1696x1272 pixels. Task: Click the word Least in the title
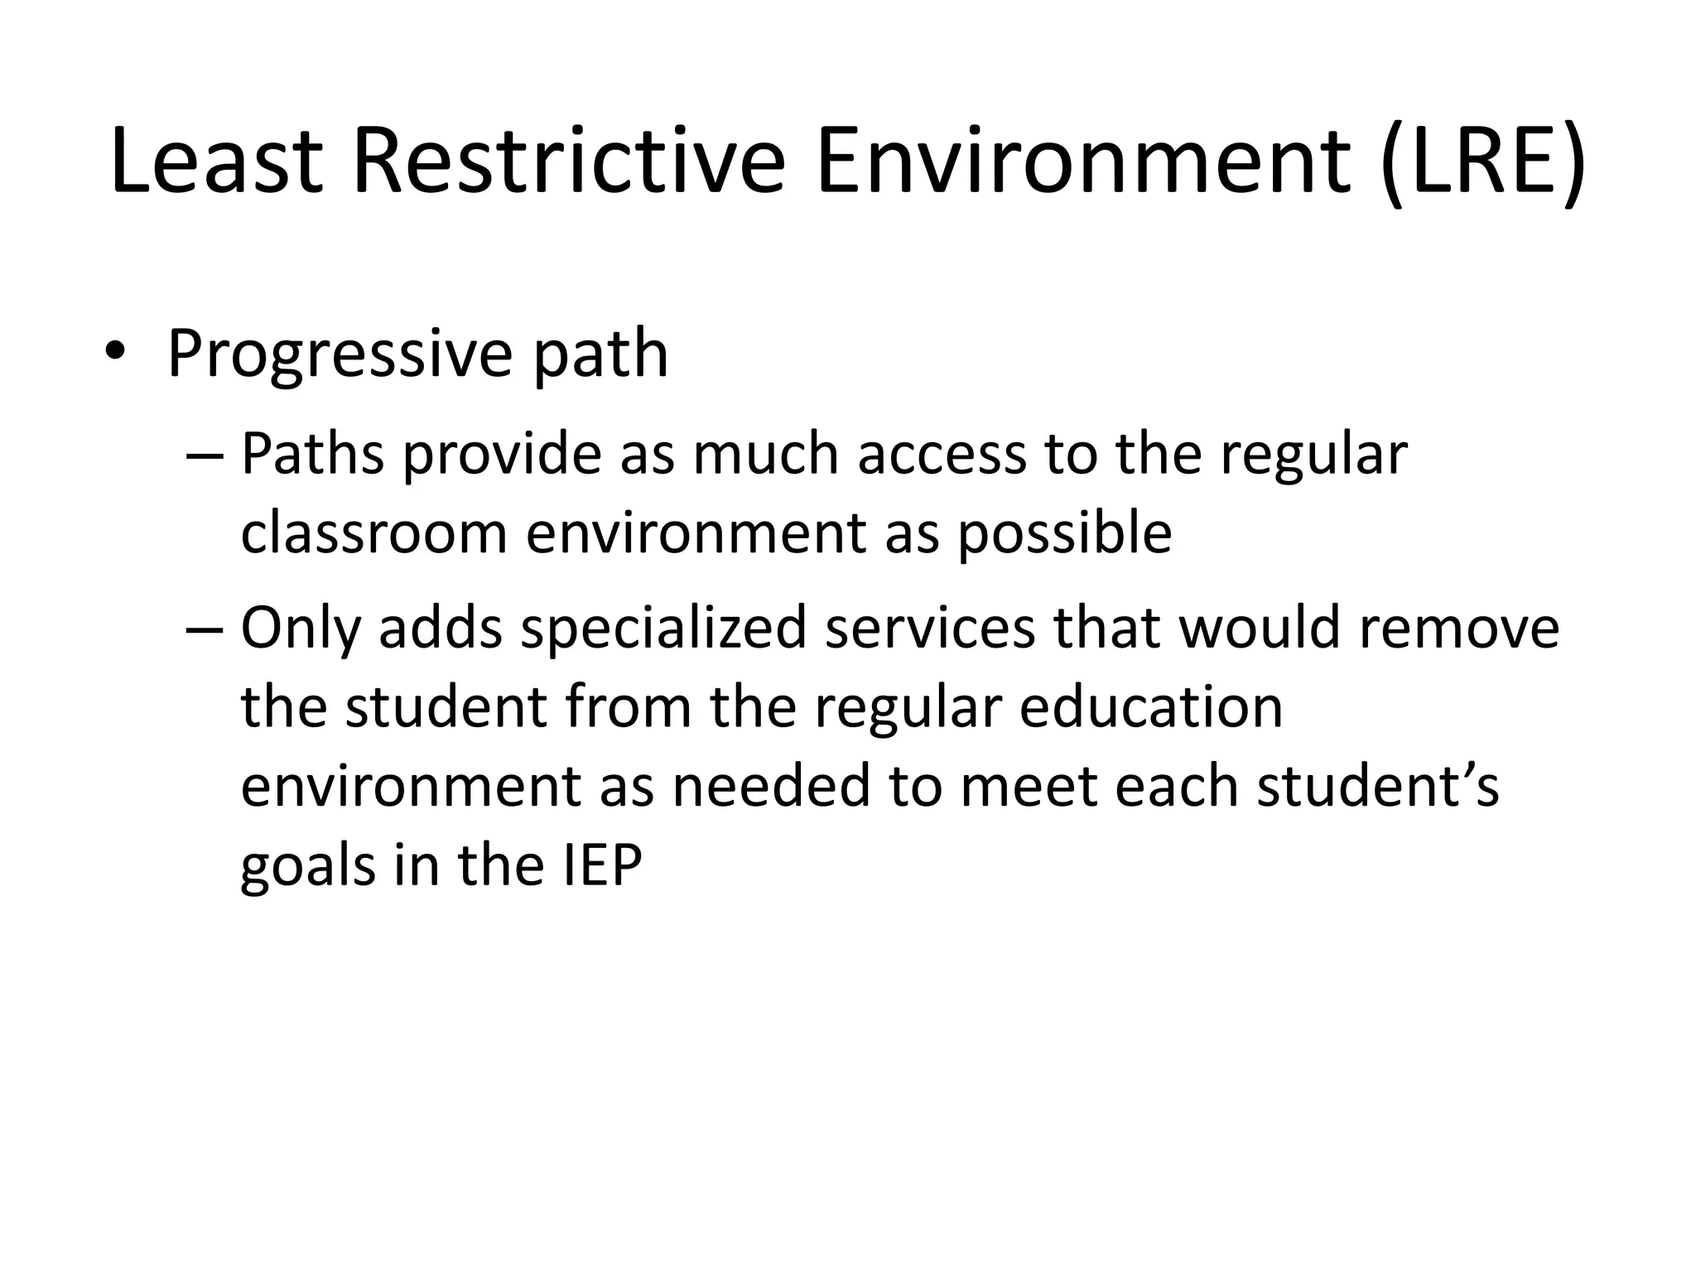pyautogui.click(x=216, y=161)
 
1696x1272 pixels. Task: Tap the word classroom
pyautogui.click(x=373, y=532)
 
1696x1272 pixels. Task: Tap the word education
pyautogui.click(x=1150, y=707)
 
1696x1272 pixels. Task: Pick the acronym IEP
pyautogui.click(x=602, y=865)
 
